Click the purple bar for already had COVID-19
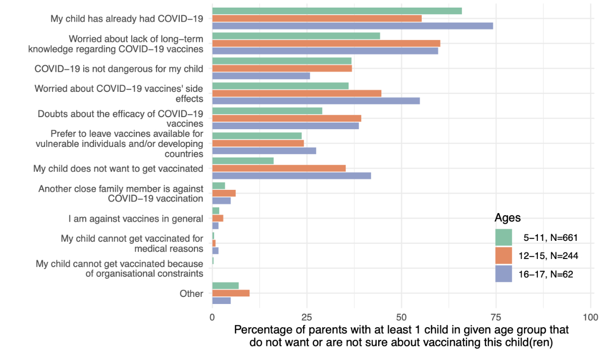pyautogui.click(x=352, y=26)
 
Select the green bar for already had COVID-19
pyautogui.click(x=337, y=11)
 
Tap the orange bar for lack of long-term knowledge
pyautogui.click(x=326, y=43)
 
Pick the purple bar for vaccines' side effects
pyautogui.click(x=316, y=100)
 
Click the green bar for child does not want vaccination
pyautogui.click(x=243, y=161)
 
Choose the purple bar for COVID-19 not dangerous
pyautogui.click(x=261, y=76)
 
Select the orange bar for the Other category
pyautogui.click(x=231, y=293)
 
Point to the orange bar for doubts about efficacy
pyautogui.click(x=287, y=118)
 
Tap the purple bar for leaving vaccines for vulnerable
pyautogui.click(x=264, y=150)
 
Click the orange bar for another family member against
pyautogui.click(x=224, y=193)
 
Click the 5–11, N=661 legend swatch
pyautogui.click(x=503, y=237)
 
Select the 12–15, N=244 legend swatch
pyautogui.click(x=503, y=255)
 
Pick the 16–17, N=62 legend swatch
pyautogui.click(x=503, y=274)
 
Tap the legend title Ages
pyautogui.click(x=508, y=218)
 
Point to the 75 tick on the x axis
pyautogui.click(x=496, y=318)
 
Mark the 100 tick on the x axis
pyautogui.click(x=590, y=318)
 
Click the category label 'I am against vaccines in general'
pyautogui.click(x=136, y=219)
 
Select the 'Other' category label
pyautogui.click(x=191, y=293)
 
